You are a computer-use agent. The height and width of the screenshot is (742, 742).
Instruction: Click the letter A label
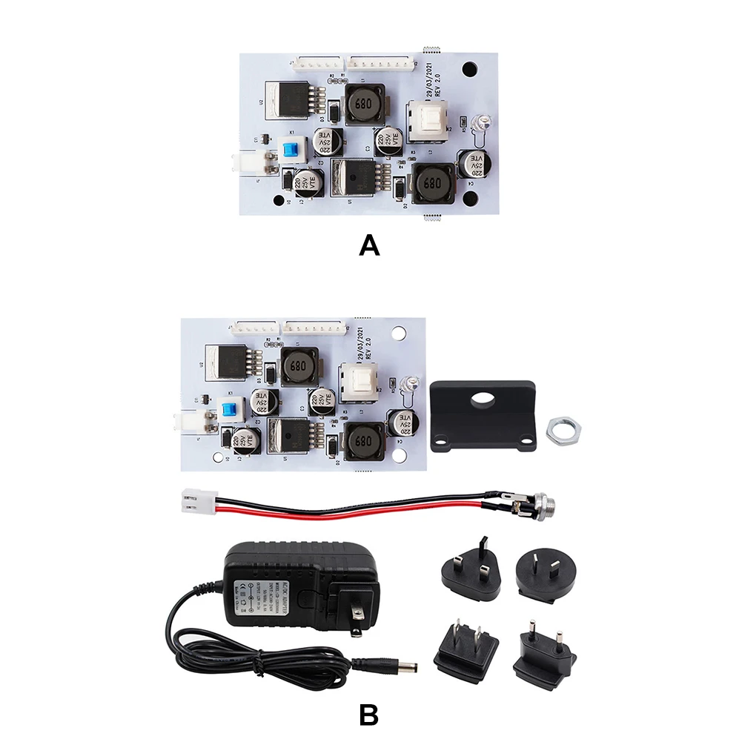(x=369, y=244)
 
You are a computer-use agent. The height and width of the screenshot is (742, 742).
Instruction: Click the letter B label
(x=369, y=715)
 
